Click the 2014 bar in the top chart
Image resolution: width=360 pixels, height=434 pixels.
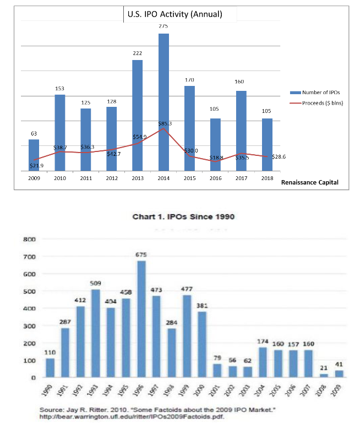tap(163, 102)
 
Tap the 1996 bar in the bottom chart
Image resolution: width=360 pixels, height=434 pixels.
tap(141, 319)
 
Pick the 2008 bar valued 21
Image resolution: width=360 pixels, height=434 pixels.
tap(324, 375)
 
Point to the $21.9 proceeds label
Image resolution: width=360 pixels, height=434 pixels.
tap(36, 165)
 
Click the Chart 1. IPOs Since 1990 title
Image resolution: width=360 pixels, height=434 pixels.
tap(184, 216)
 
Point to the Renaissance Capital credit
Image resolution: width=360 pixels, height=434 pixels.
tap(310, 182)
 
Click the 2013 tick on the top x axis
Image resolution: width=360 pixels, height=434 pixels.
tap(137, 178)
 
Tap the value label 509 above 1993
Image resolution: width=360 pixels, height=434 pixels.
tap(96, 283)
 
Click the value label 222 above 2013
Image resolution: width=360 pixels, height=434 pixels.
tap(138, 53)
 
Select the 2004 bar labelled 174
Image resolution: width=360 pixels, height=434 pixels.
tap(263, 362)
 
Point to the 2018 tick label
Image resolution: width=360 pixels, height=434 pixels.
tap(267, 178)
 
